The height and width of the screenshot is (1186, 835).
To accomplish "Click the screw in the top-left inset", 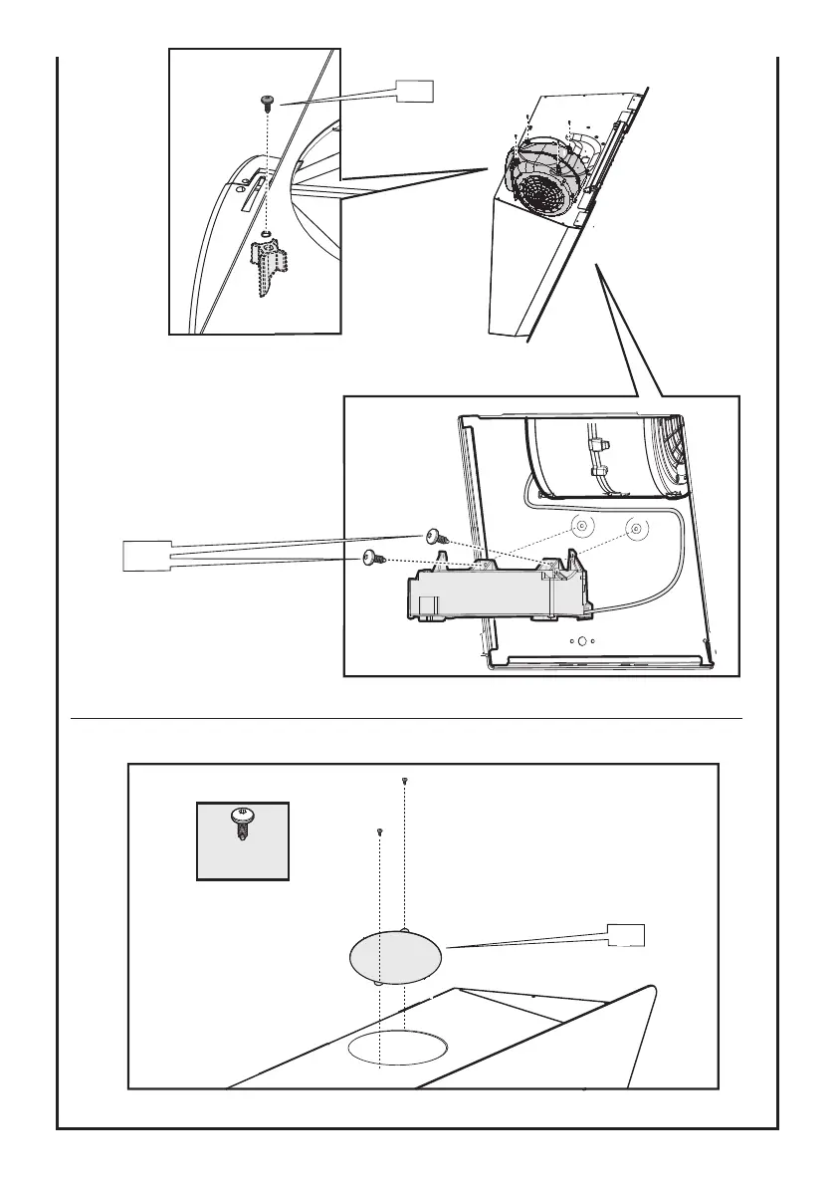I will (267, 102).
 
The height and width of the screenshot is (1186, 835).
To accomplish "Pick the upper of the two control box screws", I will (435, 536).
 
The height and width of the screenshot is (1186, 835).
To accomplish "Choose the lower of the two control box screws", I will (374, 561).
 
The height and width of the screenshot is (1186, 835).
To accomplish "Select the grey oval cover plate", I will (395, 957).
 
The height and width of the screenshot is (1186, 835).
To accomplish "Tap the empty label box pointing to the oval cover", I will (626, 935).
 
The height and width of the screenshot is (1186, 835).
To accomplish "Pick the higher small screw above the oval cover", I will (405, 782).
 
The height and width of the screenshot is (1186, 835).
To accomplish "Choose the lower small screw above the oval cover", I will (380, 830).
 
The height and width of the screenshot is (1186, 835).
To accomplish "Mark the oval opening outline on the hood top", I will (398, 1049).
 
